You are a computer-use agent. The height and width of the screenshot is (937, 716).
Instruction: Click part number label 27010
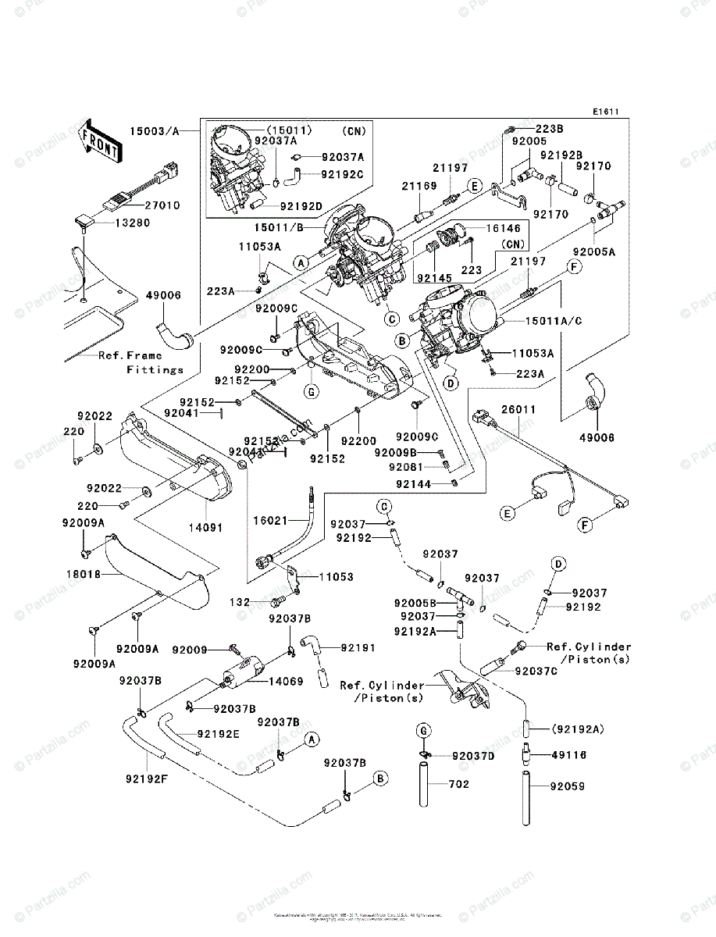(162, 205)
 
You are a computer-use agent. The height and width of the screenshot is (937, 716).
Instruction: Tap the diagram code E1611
(604, 112)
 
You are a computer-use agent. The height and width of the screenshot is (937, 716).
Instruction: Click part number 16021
(271, 519)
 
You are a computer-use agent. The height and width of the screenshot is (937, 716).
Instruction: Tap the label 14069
(287, 682)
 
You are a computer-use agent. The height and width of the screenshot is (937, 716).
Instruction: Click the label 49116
(569, 755)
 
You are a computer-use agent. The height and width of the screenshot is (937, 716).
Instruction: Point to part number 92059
(568, 786)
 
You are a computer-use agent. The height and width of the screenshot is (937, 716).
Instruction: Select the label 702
(460, 784)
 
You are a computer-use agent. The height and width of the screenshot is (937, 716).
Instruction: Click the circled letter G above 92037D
(423, 730)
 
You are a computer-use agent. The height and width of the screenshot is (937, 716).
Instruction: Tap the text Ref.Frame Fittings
(141, 362)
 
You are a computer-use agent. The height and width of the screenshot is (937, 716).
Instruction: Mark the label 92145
(434, 276)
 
